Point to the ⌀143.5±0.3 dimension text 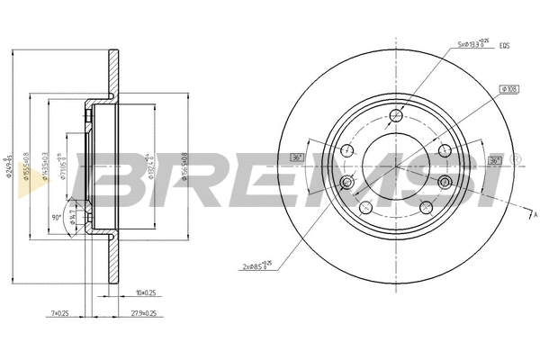coord(45,167)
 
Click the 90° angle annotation coord(57,217)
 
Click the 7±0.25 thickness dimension coord(62,313)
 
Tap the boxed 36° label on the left coord(297,158)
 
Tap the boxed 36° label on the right coord(494,160)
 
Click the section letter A coord(534,216)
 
